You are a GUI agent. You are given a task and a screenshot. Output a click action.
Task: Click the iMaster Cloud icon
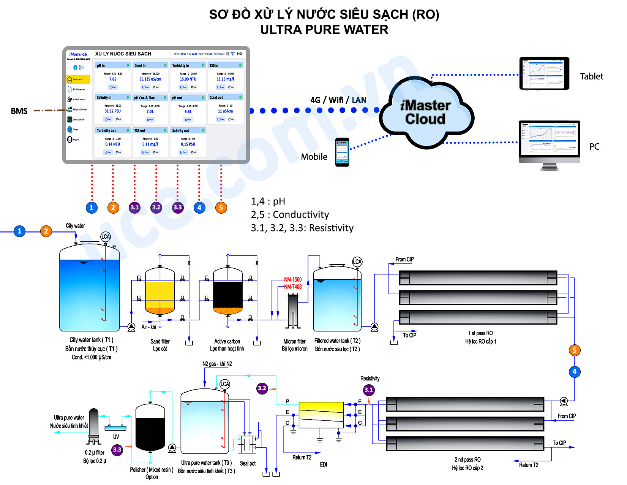(x=426, y=113)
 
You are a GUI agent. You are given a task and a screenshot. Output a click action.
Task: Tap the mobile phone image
(x=342, y=152)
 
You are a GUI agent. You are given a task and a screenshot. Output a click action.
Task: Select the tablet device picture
(x=544, y=73)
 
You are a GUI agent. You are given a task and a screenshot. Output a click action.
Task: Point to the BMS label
(x=19, y=111)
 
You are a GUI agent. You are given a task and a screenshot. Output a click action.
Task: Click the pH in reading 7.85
(x=113, y=79)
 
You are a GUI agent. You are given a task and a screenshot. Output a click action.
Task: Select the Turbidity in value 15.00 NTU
(x=188, y=79)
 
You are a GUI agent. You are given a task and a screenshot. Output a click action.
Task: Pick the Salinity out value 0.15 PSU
(x=188, y=144)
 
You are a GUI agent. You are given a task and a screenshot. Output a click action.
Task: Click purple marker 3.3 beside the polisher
(x=117, y=450)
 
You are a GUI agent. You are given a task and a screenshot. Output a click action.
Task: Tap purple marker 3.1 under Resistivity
(x=369, y=390)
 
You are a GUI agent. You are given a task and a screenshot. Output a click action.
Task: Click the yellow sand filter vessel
(x=160, y=293)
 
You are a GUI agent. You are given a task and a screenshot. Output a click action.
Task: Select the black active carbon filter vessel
(x=228, y=293)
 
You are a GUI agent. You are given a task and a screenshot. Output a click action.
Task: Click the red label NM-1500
(x=293, y=279)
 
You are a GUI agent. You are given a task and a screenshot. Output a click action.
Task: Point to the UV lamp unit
(x=115, y=428)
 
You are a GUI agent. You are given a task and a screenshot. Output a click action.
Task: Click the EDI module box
(x=321, y=415)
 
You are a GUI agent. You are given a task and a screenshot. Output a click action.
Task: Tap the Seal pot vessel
(x=247, y=444)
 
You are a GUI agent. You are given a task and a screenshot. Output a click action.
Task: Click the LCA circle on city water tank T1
(x=105, y=236)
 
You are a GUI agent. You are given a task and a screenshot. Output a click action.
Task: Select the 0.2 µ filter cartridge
(x=93, y=426)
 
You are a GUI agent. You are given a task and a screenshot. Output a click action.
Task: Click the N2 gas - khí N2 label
(x=217, y=364)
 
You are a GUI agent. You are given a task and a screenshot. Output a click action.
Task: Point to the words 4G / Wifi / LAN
(x=338, y=100)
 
